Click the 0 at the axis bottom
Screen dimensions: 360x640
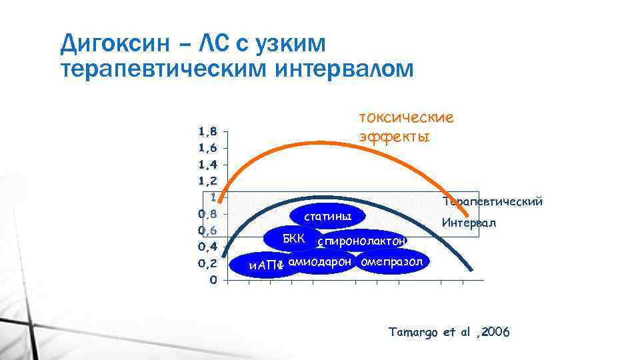click(x=212, y=279)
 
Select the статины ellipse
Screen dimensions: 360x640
click(x=327, y=217)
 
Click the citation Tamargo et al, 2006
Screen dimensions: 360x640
click(x=449, y=332)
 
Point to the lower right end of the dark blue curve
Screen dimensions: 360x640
click(x=472, y=269)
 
